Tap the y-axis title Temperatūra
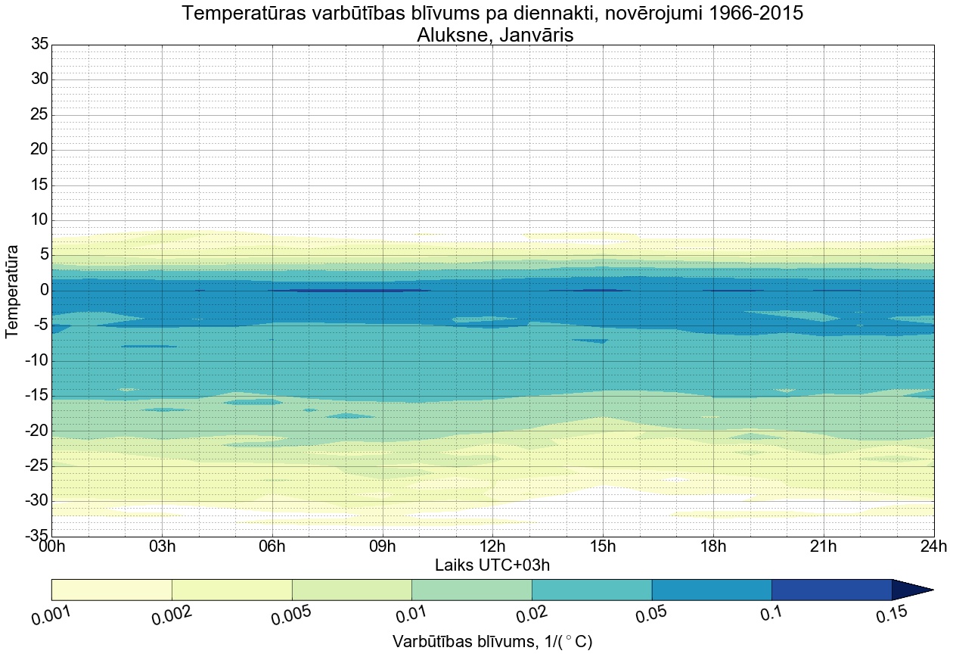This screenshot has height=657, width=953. [x=12, y=291]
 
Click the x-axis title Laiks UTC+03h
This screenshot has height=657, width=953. [x=492, y=565]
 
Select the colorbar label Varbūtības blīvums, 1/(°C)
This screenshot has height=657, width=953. [x=492, y=642]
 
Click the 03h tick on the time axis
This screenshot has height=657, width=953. [x=162, y=546]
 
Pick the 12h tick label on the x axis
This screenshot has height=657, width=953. [x=492, y=546]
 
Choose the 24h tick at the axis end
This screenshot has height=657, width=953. [x=933, y=546]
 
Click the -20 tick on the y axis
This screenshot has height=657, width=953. [x=36, y=431]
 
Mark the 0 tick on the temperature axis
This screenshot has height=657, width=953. [x=45, y=291]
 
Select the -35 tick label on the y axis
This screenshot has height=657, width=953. [x=36, y=536]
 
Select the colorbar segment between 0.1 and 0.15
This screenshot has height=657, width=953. [x=831, y=590]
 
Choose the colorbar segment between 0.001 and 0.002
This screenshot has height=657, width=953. [x=112, y=590]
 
